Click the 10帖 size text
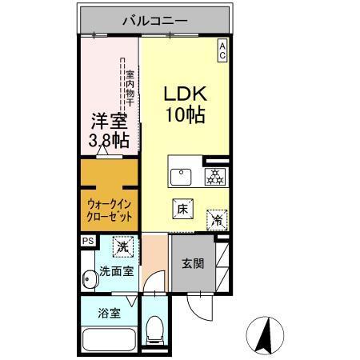coord(185,114)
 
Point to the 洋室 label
coord(110,122)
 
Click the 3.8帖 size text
coord(110,142)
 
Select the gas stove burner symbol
coord(214,176)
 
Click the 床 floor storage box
coord(182,208)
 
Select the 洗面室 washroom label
coord(117,272)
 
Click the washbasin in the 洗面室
coord(89,278)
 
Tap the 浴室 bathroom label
coord(110,313)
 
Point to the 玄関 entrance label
coord(191,264)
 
